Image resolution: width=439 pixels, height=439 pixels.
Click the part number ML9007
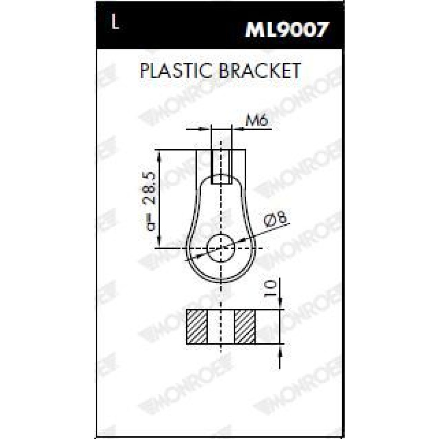point(286,30)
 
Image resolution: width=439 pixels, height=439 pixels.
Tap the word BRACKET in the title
point(260,71)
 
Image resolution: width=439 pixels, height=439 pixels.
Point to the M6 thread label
point(257,121)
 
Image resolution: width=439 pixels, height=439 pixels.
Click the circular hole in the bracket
point(221,248)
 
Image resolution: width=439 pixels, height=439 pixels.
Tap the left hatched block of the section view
point(197,327)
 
